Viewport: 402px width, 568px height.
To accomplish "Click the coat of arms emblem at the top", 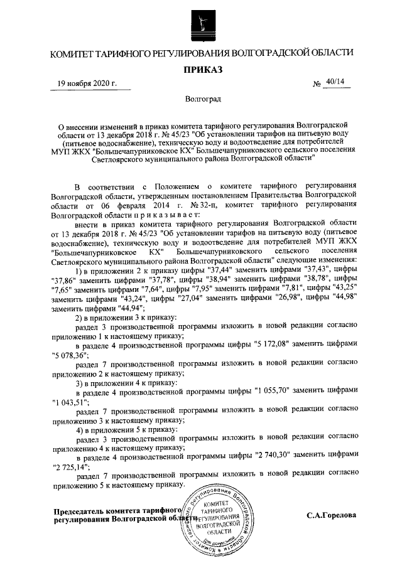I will coord(201,23).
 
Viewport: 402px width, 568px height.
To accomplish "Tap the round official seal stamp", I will coord(219,520).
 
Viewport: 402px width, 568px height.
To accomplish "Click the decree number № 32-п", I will coord(200,203).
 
